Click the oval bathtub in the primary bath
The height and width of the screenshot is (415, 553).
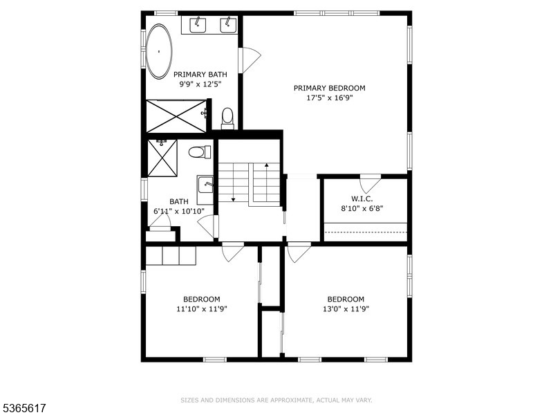tap(160, 51)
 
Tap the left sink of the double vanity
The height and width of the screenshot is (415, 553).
tap(197, 25)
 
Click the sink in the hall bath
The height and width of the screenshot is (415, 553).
tap(205, 185)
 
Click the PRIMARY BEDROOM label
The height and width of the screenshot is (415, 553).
tap(329, 88)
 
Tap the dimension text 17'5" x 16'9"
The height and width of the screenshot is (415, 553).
tap(329, 98)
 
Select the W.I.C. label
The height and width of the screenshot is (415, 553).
tap(362, 198)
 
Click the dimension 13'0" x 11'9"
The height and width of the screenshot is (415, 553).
tap(346, 308)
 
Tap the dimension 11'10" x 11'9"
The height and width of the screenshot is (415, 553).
tap(202, 308)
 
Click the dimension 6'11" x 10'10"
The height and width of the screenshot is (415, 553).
tap(178, 211)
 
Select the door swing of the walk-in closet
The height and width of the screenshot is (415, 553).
tap(371, 184)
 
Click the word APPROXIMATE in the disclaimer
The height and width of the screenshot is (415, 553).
tap(290, 400)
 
